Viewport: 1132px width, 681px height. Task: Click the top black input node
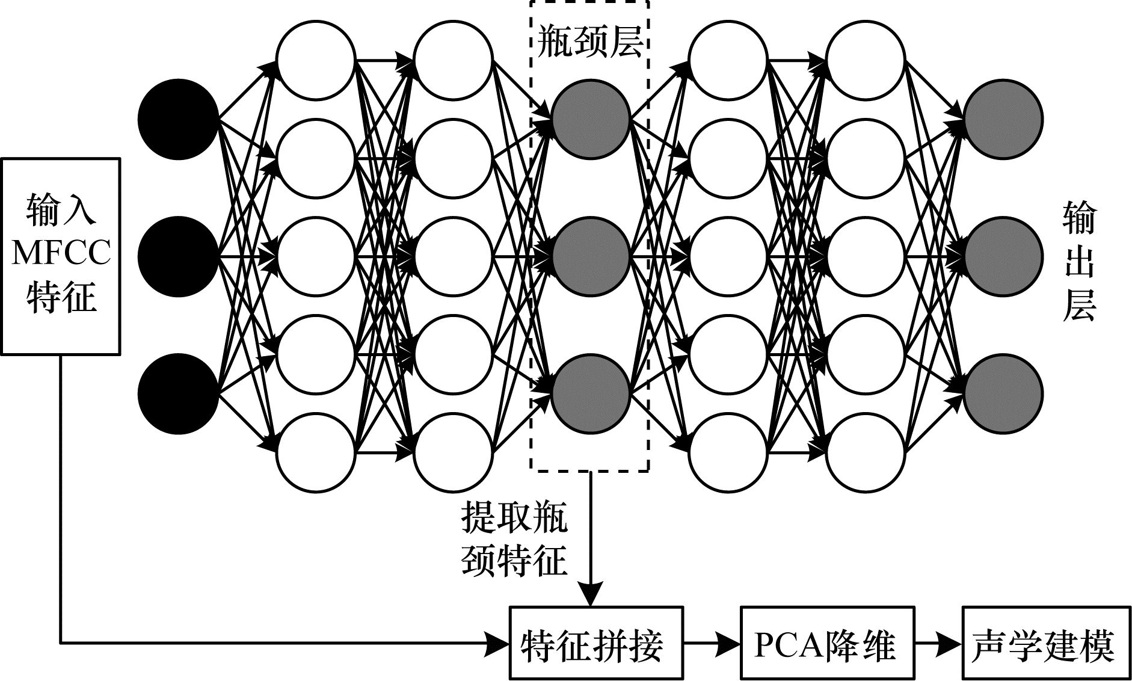coord(178,119)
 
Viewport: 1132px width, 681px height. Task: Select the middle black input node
coord(178,256)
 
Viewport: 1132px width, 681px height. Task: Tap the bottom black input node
coord(178,394)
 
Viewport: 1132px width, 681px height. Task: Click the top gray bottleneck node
coord(590,119)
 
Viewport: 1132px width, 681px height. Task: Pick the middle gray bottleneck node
coord(590,256)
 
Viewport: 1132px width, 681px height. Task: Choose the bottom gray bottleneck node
coord(590,394)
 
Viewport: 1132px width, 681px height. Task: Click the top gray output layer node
coord(1003,119)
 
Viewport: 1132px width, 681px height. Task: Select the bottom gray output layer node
coord(1003,394)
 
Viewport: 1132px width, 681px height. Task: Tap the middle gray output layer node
coord(1003,256)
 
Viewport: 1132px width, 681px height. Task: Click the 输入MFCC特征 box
coord(61,256)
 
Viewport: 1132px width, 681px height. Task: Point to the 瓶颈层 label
coord(589,41)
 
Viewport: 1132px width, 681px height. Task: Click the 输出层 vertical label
coord(1079,262)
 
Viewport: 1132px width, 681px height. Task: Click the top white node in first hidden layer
coord(316,60)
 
